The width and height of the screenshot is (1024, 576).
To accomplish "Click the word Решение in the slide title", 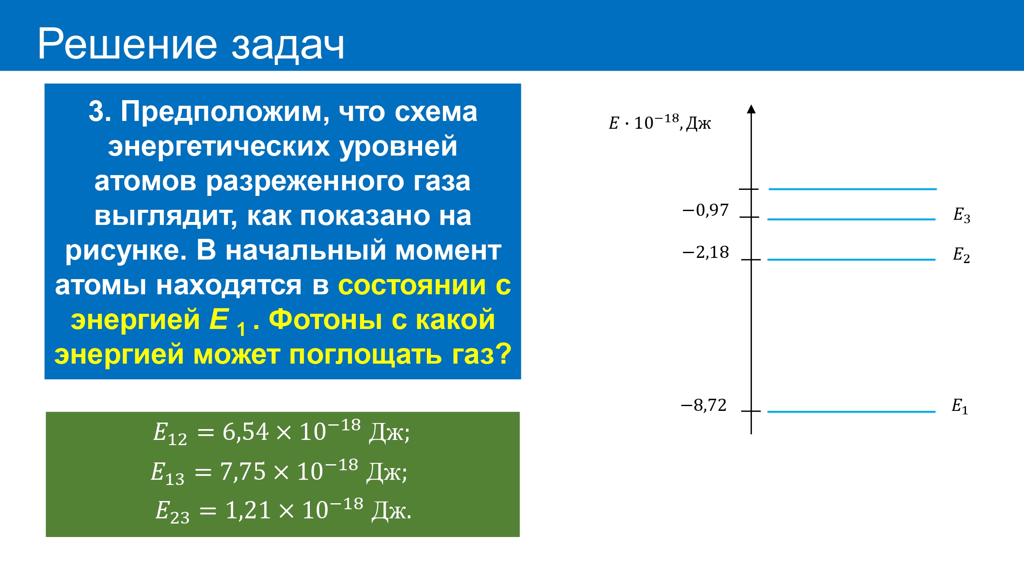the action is pos(127,44).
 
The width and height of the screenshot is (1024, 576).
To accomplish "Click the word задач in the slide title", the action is pos(288,46).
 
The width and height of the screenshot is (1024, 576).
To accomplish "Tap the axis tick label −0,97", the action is pos(705,210).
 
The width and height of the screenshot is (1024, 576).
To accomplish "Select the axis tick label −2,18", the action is pos(705,252).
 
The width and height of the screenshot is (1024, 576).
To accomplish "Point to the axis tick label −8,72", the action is pos(704,405).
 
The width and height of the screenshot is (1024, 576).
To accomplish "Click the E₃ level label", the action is pos(962,215).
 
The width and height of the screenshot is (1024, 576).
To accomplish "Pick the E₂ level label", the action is pos(961,255).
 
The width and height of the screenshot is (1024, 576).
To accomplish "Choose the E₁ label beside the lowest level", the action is pos(960,406).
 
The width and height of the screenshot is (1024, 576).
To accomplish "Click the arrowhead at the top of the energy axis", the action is pos(751,109).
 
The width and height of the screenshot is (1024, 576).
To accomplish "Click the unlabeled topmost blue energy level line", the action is pos(853,189).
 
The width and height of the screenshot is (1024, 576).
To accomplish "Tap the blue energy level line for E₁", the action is pos(852,412).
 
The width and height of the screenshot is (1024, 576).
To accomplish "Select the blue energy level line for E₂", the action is pos(852,260).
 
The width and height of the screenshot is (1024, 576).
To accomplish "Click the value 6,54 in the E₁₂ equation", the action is pos(245,432).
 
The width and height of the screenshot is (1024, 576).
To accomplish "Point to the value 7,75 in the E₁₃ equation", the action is pos(243,472).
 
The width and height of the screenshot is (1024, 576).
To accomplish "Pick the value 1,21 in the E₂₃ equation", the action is pos(248,511).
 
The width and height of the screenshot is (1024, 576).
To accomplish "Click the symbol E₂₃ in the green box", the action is pos(172,512).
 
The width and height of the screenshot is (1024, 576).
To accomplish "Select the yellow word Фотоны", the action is pos(325,320).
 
